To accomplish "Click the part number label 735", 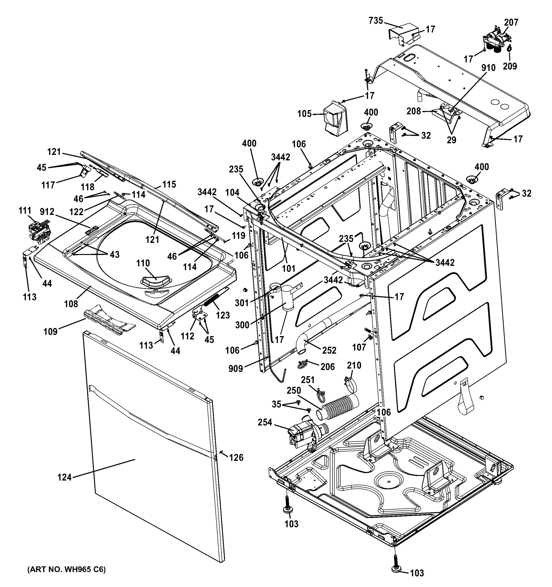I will click(x=376, y=21).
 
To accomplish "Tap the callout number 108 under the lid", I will click(x=71, y=304).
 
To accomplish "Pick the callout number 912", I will click(x=47, y=212).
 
